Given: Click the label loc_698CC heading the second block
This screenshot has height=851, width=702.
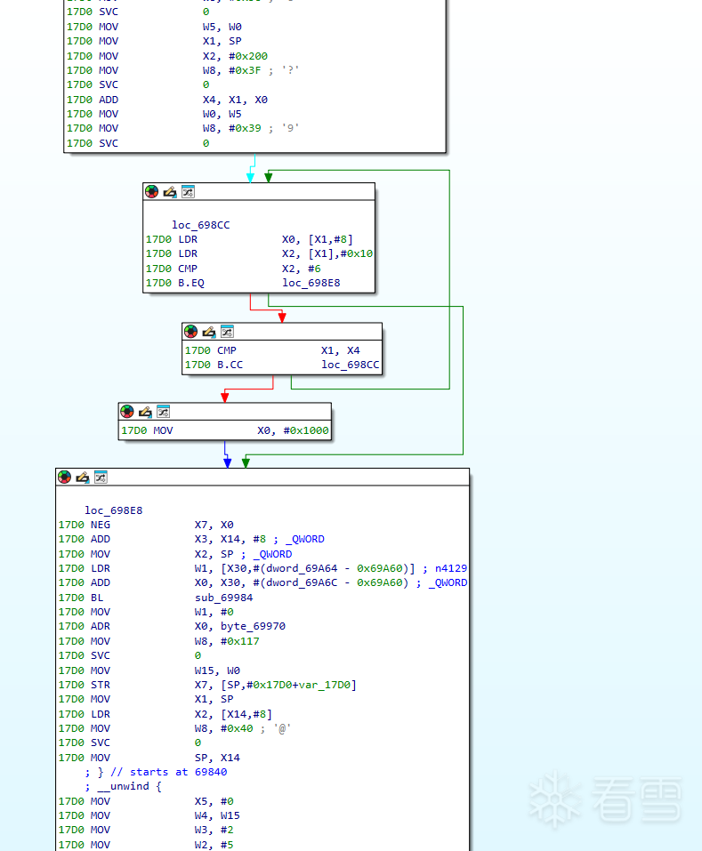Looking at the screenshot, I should tap(200, 225).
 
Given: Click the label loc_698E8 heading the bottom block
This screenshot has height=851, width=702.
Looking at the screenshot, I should tap(113, 510).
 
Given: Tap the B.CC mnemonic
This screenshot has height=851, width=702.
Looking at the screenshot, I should tap(230, 365).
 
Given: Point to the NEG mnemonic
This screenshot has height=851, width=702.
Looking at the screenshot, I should tap(101, 525).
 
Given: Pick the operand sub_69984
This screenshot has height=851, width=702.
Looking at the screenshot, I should tap(223, 598).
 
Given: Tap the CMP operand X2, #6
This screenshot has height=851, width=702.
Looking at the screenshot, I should tap(302, 269).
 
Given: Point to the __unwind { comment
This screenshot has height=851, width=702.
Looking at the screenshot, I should tap(124, 786).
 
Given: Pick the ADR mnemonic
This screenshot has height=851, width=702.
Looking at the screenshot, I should tap(101, 626).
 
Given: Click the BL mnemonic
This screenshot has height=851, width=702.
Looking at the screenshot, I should tap(97, 598).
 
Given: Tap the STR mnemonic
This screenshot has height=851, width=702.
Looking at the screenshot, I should tap(101, 685).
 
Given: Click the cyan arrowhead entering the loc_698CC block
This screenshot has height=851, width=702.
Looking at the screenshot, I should tap(250, 178).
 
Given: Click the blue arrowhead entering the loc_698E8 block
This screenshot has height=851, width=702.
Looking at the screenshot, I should tap(227, 462).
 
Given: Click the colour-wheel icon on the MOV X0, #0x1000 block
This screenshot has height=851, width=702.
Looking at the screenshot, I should tap(126, 412).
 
